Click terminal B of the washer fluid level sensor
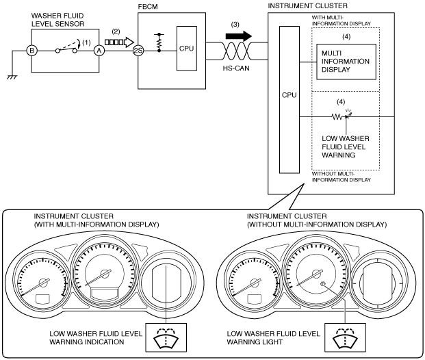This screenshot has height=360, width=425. point(31,51)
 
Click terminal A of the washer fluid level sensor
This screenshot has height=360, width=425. point(99,51)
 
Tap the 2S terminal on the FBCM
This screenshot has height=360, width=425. point(138,51)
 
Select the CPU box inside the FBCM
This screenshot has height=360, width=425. point(187,49)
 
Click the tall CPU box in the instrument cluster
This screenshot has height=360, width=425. point(289,99)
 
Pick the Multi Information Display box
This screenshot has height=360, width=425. point(346,62)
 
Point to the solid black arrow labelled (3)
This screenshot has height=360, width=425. point(239,36)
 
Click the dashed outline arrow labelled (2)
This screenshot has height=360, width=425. point(119,42)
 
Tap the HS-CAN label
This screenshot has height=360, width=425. point(236,68)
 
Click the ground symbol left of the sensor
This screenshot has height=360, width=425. point(12,77)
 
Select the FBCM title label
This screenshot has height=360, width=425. point(148,7)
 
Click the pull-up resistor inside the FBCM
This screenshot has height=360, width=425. point(159,42)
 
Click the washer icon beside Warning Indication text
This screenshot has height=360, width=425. point(166,337)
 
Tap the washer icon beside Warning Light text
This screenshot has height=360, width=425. point(345,337)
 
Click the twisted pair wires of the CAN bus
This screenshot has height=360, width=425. point(237,51)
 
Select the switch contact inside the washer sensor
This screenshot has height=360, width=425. point(66,49)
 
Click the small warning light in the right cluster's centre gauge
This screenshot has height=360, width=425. point(323,284)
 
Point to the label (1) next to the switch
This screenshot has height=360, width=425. point(86,42)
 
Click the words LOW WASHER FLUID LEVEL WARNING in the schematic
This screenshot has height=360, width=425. point(346,147)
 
